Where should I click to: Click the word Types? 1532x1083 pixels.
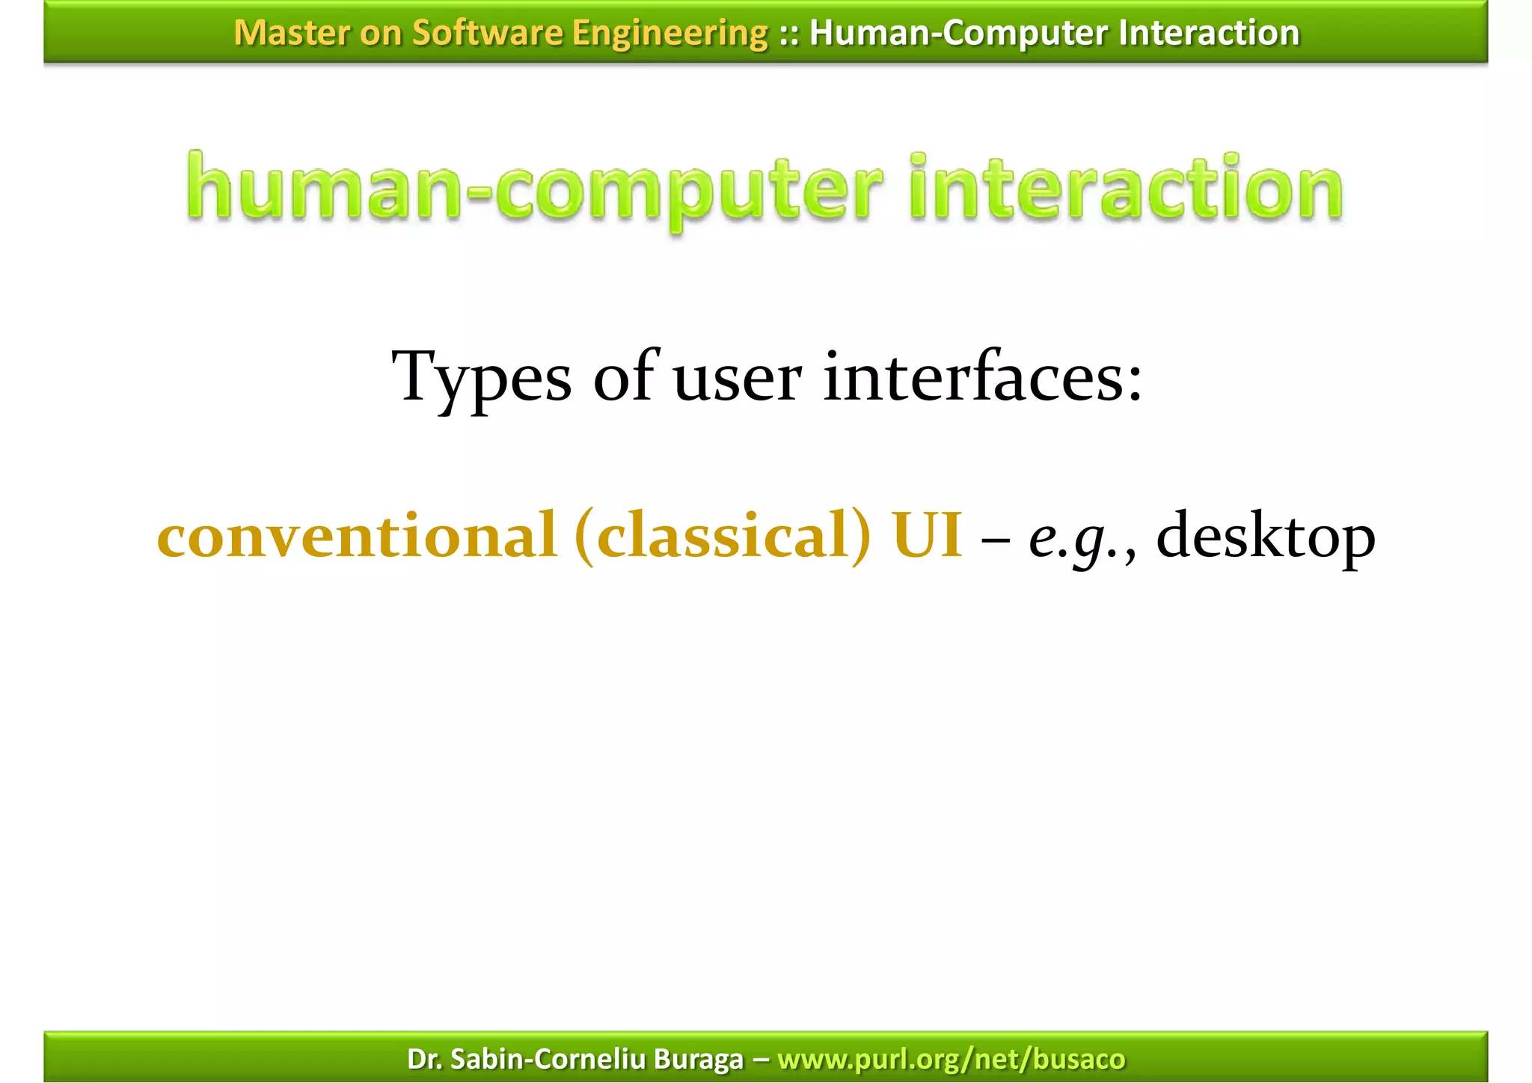(x=482, y=378)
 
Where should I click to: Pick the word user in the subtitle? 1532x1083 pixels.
(x=738, y=378)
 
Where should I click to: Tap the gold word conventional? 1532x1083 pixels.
(x=358, y=536)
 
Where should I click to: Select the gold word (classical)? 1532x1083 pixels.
(x=723, y=536)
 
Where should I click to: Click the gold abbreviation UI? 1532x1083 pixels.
(x=927, y=536)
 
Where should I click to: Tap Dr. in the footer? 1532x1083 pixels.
(x=424, y=1059)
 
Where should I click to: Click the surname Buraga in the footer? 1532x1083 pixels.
(x=699, y=1059)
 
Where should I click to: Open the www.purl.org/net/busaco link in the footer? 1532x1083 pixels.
(x=951, y=1059)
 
